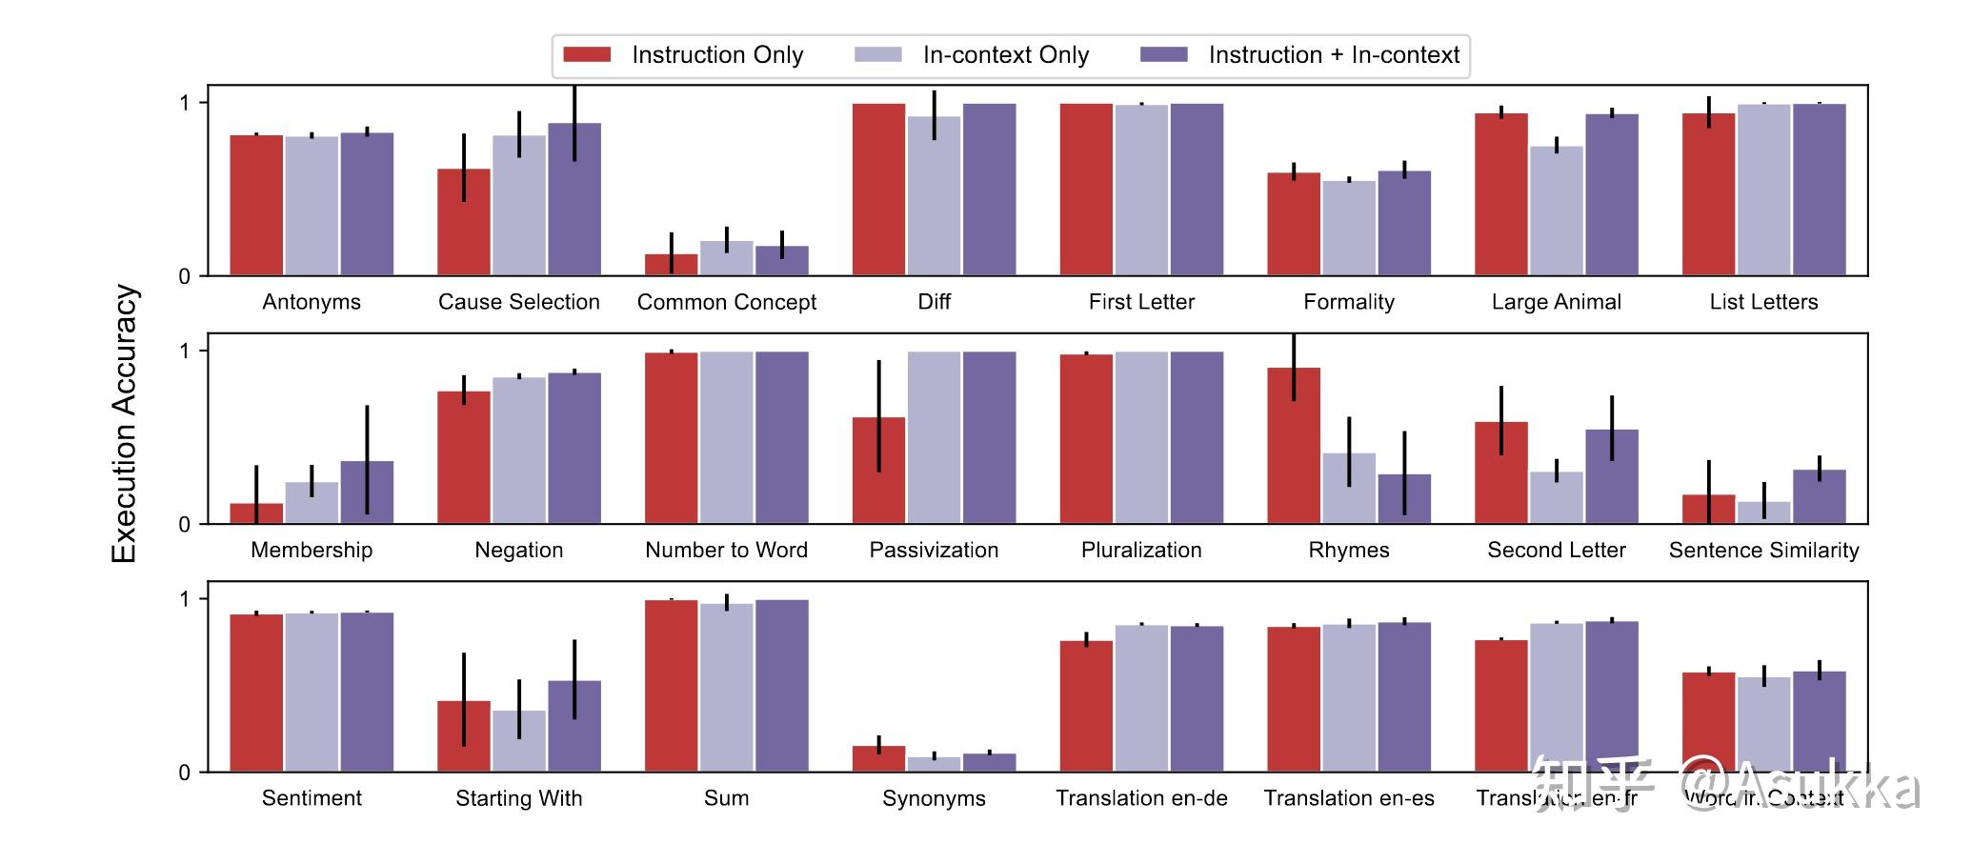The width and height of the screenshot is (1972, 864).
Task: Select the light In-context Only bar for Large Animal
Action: pos(1557,211)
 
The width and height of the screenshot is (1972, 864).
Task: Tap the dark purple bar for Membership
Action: pos(367,492)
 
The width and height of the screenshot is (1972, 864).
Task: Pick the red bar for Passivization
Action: pos(878,471)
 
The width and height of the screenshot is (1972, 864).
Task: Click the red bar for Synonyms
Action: pos(878,759)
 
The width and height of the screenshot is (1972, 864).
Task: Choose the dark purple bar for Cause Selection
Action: pos(574,199)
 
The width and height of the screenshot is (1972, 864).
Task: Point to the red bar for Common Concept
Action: pos(671,265)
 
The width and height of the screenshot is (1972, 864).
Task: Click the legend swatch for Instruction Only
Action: pos(587,54)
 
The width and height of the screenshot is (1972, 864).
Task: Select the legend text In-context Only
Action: pos(1006,55)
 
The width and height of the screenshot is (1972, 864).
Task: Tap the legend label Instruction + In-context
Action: pos(1334,55)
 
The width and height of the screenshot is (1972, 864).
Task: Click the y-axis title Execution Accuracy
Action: pos(125,424)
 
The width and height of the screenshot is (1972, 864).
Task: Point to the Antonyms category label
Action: pos(312,302)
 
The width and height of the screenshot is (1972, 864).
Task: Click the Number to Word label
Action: pos(726,551)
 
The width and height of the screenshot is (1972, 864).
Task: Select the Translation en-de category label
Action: pos(1141,798)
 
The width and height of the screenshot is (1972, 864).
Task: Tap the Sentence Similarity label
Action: pos(1763,551)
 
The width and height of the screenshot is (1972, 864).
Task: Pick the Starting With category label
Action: pos(518,798)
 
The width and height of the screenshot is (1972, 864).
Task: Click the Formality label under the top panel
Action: pos(1349,302)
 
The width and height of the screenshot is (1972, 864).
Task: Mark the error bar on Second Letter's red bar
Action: pos(1501,420)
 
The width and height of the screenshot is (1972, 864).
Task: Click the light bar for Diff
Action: pos(934,195)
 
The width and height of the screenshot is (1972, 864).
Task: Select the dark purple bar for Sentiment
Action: pos(367,692)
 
